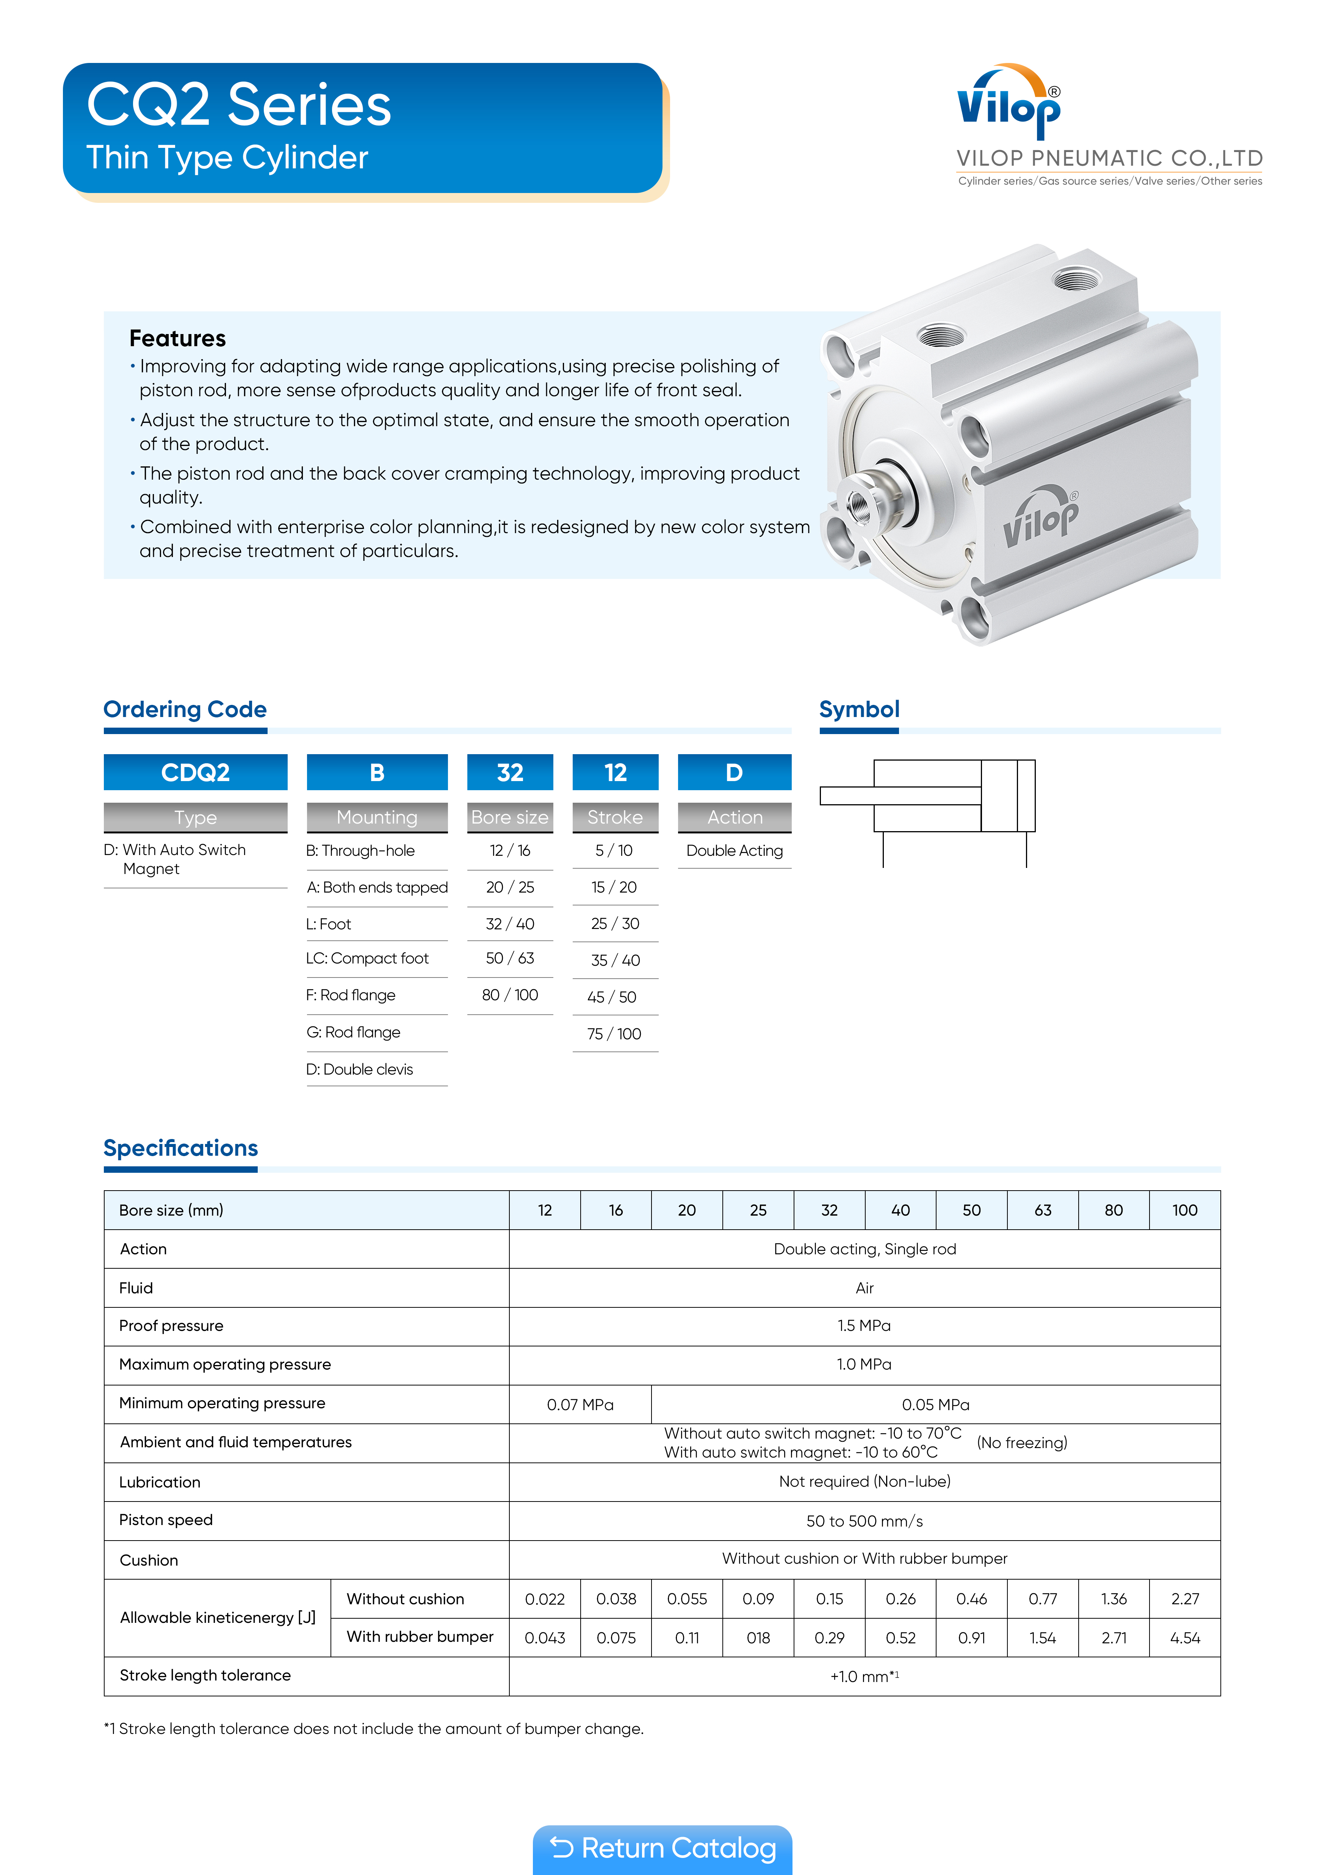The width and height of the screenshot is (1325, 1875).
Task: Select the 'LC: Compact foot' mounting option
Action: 367,959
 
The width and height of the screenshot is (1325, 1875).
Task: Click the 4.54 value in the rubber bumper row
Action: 1185,1638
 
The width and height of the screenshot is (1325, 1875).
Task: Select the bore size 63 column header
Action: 1043,1210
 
